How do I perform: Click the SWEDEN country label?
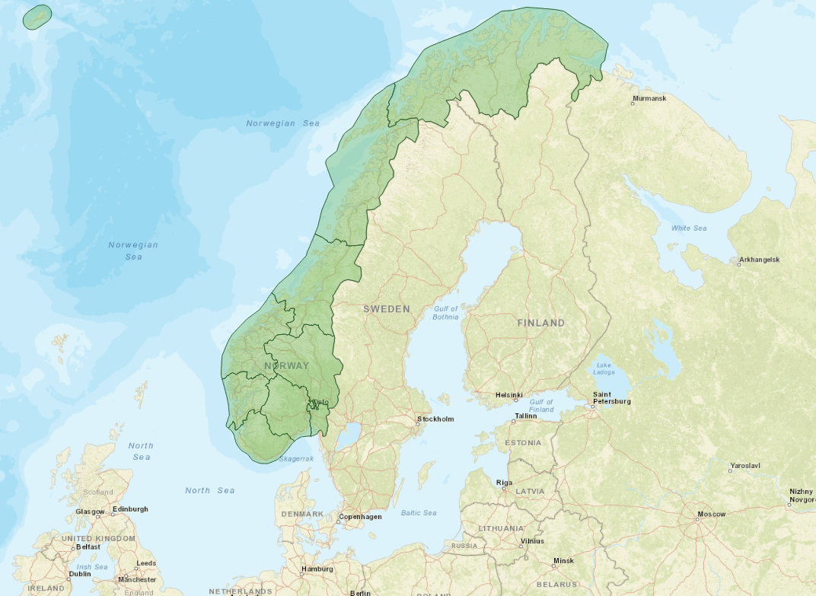pyautogui.click(x=386, y=309)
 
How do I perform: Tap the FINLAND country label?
pyautogui.click(x=541, y=323)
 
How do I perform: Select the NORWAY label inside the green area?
pyautogui.click(x=287, y=366)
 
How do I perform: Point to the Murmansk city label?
pyautogui.click(x=649, y=99)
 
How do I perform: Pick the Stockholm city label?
pyautogui.click(x=435, y=419)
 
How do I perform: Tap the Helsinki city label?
pyautogui.click(x=508, y=395)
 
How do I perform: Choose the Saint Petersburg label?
pyautogui.click(x=613, y=397)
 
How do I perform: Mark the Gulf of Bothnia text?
pyautogui.click(x=446, y=313)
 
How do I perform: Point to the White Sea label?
pyautogui.click(x=689, y=228)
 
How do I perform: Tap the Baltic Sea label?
pyautogui.click(x=419, y=513)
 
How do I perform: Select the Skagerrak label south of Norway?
pyautogui.click(x=296, y=459)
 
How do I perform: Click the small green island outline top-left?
pyautogui.click(x=37, y=17)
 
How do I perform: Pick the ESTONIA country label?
pyautogui.click(x=523, y=442)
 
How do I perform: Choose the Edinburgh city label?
pyautogui.click(x=130, y=508)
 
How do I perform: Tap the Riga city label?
pyautogui.click(x=504, y=483)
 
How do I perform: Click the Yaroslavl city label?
pyautogui.click(x=744, y=465)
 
